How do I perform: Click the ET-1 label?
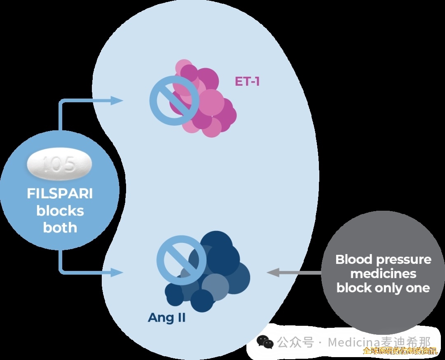(x=247, y=81)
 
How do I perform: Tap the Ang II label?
(x=166, y=318)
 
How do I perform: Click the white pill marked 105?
(x=60, y=165)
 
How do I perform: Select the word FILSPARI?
(x=60, y=194)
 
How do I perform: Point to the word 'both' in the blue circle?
(x=60, y=227)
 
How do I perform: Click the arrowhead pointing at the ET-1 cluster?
(x=117, y=100)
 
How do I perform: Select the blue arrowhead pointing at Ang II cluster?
(x=117, y=272)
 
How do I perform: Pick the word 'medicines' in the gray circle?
(x=383, y=274)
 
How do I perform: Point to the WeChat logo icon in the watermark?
(x=265, y=342)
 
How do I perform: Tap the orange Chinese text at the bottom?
(x=400, y=351)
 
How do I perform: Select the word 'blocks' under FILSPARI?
(x=60, y=211)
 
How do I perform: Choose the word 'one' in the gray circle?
(x=418, y=288)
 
